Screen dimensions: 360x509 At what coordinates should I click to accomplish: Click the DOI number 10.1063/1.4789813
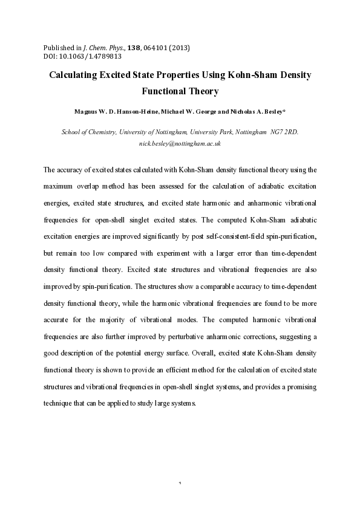tap(90, 56)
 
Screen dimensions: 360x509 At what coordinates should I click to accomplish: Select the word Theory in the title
tap(199, 92)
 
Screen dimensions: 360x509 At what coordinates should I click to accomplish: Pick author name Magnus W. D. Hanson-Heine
tap(115, 112)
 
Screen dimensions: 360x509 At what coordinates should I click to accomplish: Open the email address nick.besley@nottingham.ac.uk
tap(180, 144)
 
